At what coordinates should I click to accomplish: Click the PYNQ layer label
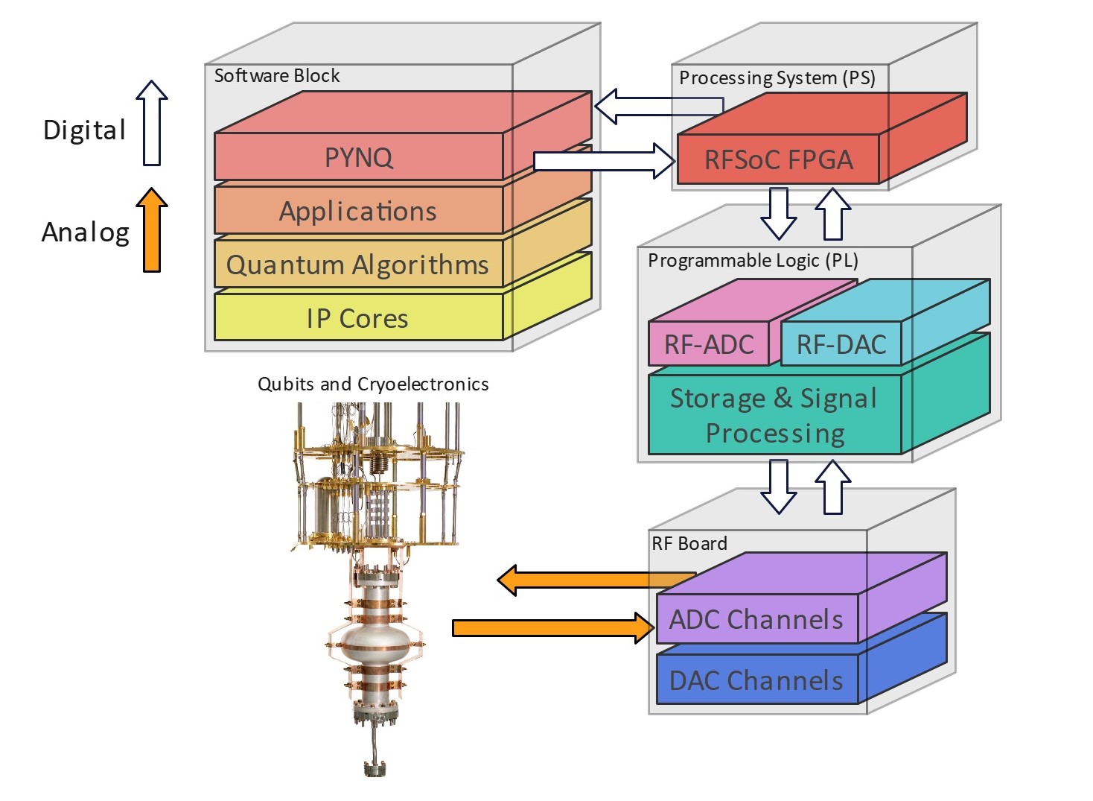point(358,157)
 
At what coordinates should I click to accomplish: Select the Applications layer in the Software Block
point(358,212)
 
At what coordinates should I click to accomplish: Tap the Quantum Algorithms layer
point(358,265)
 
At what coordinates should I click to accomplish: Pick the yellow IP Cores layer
point(358,319)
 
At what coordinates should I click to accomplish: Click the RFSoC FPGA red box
point(778,159)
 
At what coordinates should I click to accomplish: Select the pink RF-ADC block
point(708,344)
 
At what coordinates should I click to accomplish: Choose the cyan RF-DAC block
point(841,344)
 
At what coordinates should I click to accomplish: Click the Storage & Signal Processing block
point(774,415)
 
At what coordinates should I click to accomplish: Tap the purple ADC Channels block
point(756,619)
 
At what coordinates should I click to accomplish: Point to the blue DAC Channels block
point(756,680)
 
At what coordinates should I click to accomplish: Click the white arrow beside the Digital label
point(152,123)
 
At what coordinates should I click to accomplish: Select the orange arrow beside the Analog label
point(152,230)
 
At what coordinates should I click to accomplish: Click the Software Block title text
point(276,76)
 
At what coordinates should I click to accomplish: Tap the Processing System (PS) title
point(777,78)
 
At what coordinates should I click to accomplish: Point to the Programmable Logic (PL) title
point(753,261)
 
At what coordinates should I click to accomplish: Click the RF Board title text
point(689,544)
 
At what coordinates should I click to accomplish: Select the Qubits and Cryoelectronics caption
point(373,384)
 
